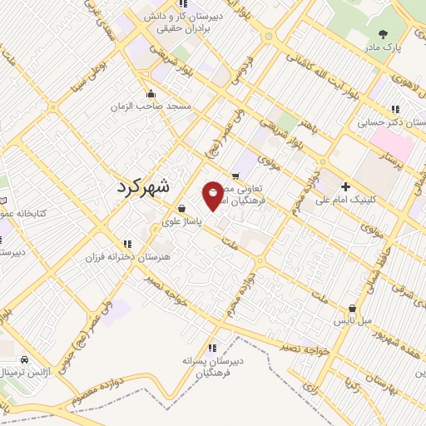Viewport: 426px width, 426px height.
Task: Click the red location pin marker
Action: (214, 195)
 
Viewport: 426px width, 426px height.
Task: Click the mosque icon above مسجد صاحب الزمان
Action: (151, 93)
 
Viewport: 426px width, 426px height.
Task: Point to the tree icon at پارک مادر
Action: (383, 35)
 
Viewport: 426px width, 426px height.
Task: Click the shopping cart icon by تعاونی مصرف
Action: (236, 176)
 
